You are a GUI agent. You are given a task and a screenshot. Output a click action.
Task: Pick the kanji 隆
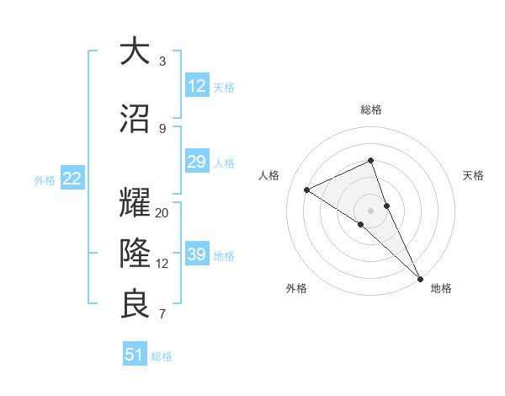tap(135, 253)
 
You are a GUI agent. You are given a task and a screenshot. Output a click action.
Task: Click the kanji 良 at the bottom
tap(135, 304)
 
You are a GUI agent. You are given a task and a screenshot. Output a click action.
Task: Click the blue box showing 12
tap(197, 86)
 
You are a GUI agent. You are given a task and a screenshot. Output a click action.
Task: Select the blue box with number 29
tap(197, 162)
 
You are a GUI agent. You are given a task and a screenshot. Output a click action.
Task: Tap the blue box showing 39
tap(197, 254)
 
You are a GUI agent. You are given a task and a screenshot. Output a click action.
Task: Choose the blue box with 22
tap(72, 179)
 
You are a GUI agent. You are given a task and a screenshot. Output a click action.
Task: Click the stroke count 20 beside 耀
tap(162, 213)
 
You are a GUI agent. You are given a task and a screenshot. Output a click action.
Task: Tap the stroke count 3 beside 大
tap(162, 62)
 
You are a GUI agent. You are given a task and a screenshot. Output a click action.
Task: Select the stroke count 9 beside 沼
tap(162, 129)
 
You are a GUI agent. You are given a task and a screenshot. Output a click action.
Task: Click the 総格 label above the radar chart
tap(370, 110)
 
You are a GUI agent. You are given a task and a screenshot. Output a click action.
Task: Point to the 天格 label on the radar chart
tap(473, 175)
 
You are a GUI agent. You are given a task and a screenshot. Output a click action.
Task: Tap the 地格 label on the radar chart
tap(441, 288)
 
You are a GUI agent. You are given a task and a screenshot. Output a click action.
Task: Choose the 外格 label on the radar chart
tap(296, 288)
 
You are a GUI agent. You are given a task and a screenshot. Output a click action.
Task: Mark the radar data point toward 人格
tap(307, 190)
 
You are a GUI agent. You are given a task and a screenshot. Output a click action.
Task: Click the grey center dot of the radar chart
tap(370, 210)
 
